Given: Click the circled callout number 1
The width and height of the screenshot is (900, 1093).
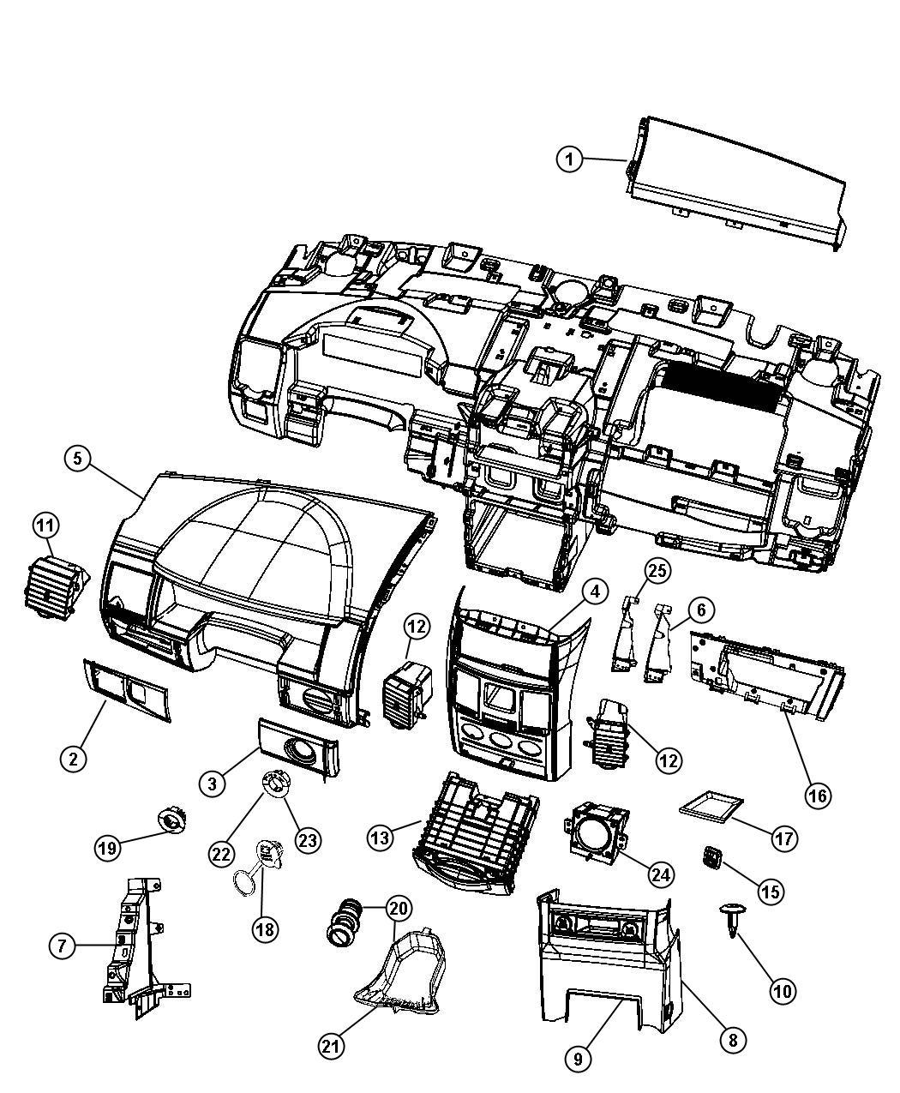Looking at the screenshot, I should pos(569,159).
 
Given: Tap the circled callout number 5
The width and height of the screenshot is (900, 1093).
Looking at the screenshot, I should pos(78,459).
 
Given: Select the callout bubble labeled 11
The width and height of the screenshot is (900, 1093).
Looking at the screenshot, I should pos(46,524).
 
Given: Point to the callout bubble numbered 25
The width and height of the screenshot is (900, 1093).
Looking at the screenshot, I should pos(658,570).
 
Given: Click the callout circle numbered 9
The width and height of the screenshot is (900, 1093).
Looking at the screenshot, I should pos(578,1059).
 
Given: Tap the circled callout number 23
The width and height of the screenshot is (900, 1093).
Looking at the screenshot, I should pos(307,840).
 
